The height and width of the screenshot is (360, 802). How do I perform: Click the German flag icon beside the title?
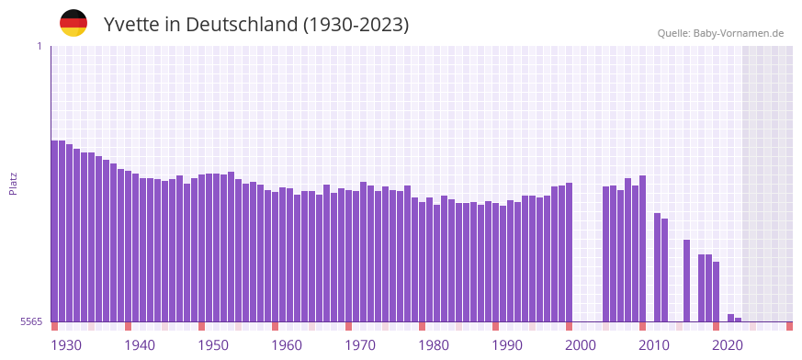click(73, 23)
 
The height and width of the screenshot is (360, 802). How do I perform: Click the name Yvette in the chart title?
click(130, 24)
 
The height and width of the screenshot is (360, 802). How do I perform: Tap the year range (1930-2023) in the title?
click(356, 24)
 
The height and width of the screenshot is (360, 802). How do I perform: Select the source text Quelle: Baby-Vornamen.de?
click(720, 33)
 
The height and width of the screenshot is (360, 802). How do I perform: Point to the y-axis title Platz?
click(13, 183)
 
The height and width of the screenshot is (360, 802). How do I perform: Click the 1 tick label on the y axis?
click(39, 46)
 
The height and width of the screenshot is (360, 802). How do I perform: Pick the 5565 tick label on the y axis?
click(30, 321)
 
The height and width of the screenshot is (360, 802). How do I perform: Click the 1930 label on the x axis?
click(66, 345)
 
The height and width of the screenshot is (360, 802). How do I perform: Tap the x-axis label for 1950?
click(213, 345)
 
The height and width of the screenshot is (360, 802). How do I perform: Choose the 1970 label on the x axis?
click(360, 345)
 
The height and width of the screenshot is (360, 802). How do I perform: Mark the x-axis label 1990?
click(507, 345)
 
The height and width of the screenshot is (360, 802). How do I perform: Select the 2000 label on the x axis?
click(581, 345)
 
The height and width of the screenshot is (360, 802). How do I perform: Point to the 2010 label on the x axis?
click(654, 345)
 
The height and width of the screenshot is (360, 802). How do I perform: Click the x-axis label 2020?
click(728, 345)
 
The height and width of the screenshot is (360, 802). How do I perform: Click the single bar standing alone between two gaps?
click(686, 280)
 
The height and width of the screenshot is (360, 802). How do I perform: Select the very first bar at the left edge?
click(54, 231)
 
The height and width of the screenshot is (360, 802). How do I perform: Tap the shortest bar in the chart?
click(738, 320)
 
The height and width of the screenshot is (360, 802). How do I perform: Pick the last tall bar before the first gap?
click(569, 252)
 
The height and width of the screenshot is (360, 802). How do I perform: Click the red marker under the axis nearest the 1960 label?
click(275, 326)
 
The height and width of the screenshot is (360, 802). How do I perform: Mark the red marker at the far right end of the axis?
click(789, 326)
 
